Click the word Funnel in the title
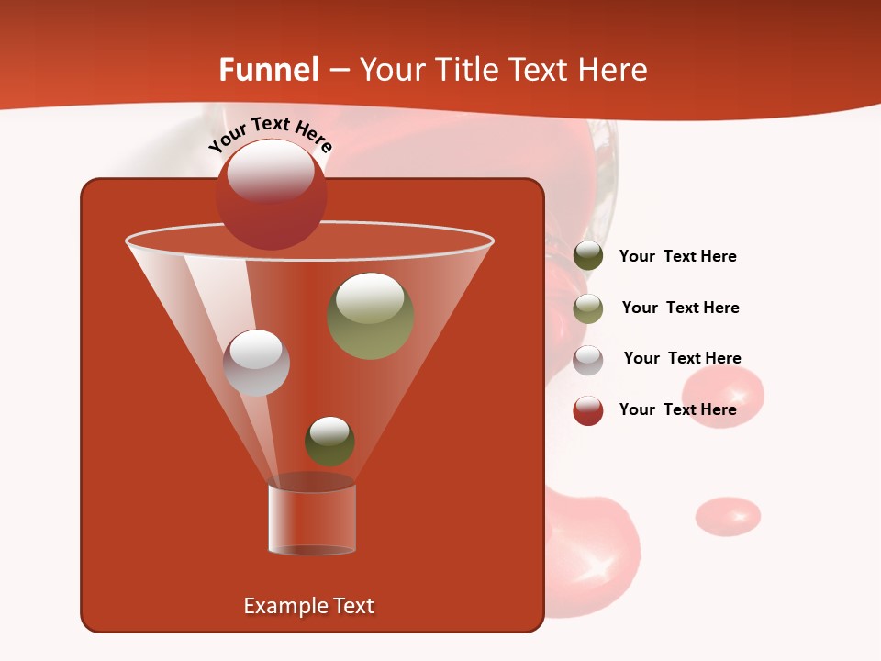coord(268,69)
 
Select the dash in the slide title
coord(339,70)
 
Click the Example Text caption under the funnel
coord(308,606)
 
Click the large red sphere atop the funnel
coord(271,194)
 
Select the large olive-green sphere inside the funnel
coord(370,316)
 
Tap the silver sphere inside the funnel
coord(256,362)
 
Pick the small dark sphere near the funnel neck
coord(329,441)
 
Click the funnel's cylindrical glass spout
coord(311,519)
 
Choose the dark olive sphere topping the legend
coord(588,256)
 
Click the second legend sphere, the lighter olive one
coord(588,308)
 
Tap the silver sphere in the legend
coord(588,360)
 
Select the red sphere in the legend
coord(588,410)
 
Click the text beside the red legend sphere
coord(677,409)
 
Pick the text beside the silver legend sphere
coord(682,358)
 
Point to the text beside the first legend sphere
coord(677,256)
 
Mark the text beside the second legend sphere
coord(680,308)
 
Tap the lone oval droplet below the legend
coord(728,516)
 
